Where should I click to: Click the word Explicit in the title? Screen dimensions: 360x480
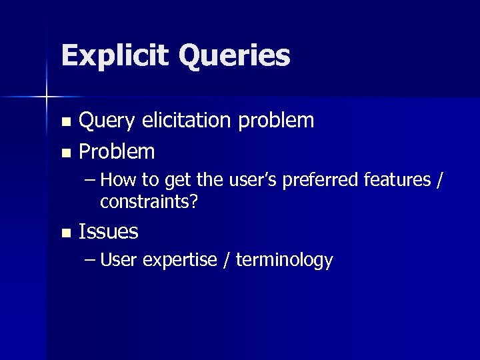pyautogui.click(x=116, y=56)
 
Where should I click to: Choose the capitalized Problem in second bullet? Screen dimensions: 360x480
pyautogui.click(x=117, y=152)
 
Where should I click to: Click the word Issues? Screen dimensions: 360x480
pyautogui.click(x=109, y=232)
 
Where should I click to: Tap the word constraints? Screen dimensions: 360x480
pyautogui.click(x=149, y=201)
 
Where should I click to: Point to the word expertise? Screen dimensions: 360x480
pyautogui.click(x=179, y=261)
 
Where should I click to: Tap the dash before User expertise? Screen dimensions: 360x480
pyautogui.click(x=90, y=260)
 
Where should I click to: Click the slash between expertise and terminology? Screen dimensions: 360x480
pyautogui.click(x=227, y=260)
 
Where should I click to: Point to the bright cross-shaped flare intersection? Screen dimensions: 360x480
pyautogui.click(x=46, y=98)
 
